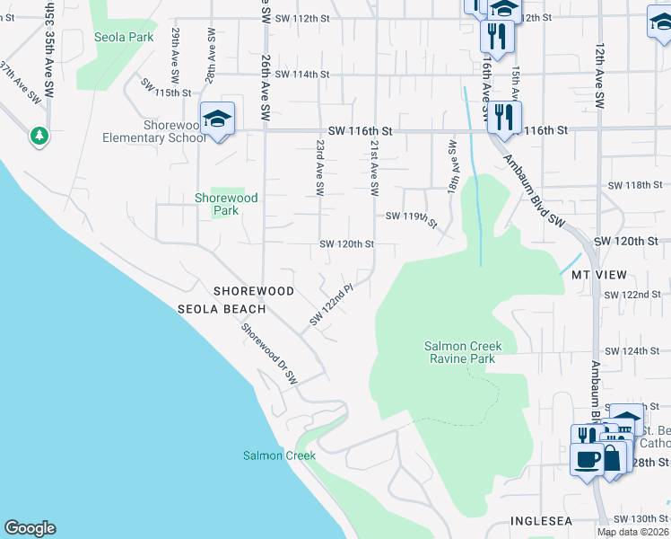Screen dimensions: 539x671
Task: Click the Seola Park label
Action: tap(124, 37)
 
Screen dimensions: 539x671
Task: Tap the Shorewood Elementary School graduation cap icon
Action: tap(217, 119)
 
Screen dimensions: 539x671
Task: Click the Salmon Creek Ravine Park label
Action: tap(463, 352)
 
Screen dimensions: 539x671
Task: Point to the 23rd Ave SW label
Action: tap(319, 167)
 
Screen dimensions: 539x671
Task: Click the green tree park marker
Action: tap(39, 136)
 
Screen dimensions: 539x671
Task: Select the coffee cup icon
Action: tap(588, 459)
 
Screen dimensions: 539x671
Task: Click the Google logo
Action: tap(30, 528)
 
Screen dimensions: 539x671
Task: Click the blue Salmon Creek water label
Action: tap(279, 455)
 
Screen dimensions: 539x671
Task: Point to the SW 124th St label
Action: tap(632, 350)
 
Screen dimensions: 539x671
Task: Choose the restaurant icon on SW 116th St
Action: tap(503, 117)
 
